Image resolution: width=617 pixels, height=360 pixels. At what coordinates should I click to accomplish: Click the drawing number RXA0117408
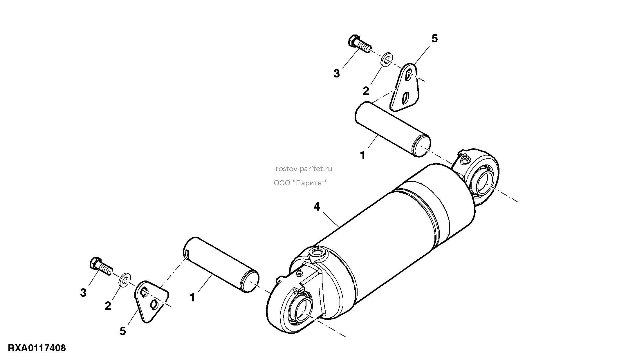click(x=37, y=348)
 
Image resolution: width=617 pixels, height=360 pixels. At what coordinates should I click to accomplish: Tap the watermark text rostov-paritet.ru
click(x=304, y=169)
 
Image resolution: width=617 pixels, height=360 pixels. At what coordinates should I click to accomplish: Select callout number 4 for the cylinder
click(x=317, y=207)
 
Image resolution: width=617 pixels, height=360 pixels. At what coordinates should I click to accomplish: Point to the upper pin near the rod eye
click(x=393, y=129)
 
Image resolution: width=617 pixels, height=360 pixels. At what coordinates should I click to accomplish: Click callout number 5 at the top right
click(x=434, y=38)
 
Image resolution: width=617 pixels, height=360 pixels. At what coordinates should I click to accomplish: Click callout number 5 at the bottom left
click(x=123, y=331)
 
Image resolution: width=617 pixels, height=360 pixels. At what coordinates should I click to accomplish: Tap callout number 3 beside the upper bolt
click(x=336, y=74)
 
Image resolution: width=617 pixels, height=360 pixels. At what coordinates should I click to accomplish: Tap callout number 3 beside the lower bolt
click(x=83, y=293)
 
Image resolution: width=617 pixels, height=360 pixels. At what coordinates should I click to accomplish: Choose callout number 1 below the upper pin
click(x=362, y=156)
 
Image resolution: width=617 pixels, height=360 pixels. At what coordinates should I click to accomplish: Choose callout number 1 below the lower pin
click(x=192, y=298)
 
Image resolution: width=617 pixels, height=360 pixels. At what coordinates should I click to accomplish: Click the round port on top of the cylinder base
click(x=317, y=252)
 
